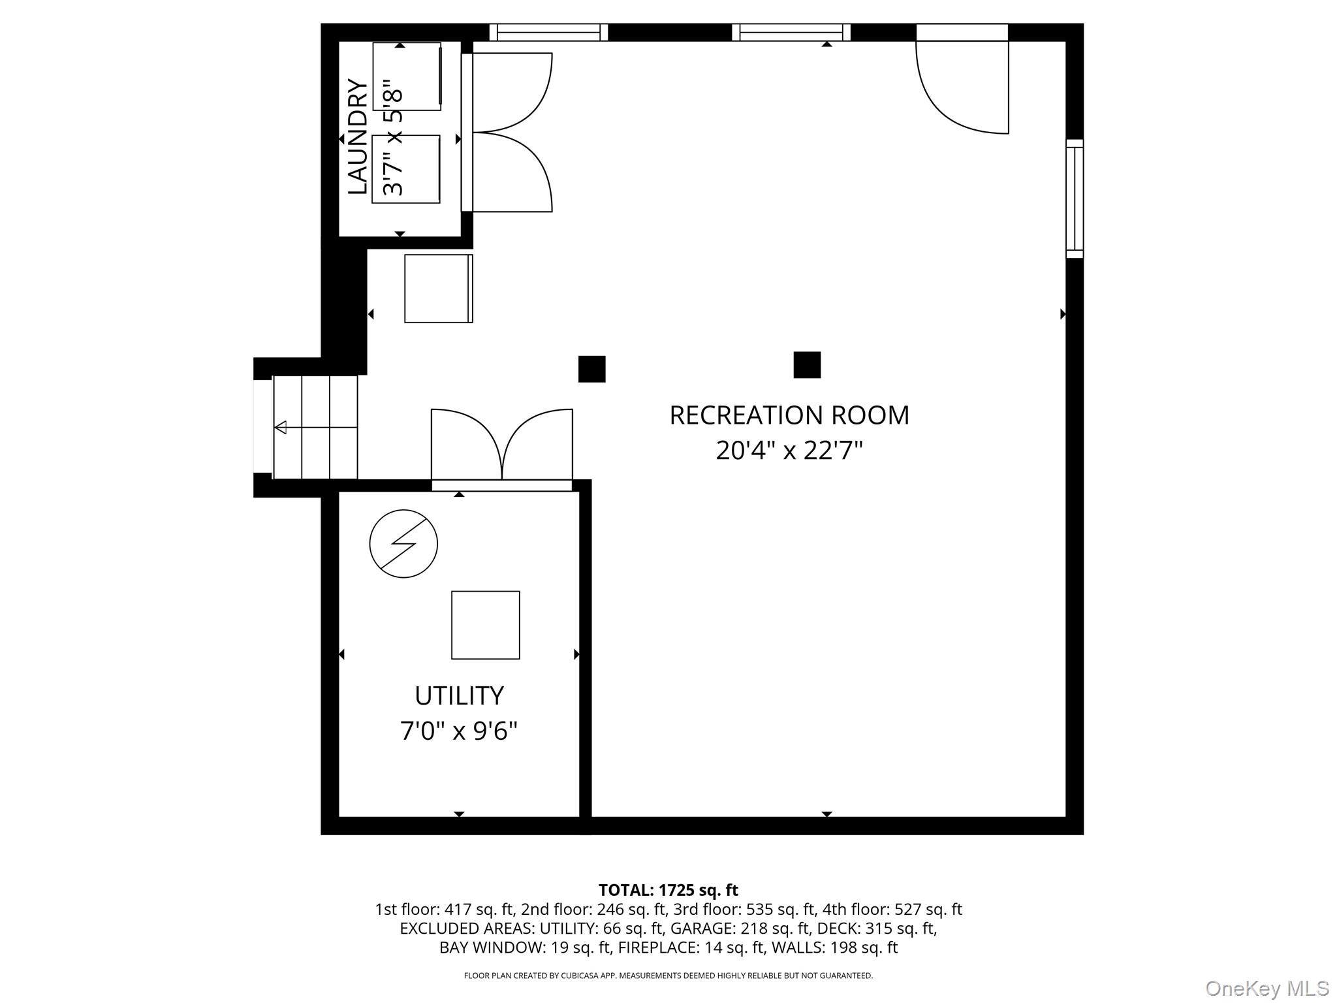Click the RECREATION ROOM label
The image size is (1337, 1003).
(x=789, y=415)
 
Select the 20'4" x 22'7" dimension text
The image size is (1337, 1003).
(x=789, y=451)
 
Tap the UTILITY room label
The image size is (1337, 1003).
(x=459, y=696)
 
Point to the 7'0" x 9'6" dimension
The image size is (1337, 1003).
(x=459, y=731)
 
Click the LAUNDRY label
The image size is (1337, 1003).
(x=357, y=136)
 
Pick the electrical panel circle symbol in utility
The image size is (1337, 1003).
(x=403, y=543)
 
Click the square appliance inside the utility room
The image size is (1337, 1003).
(x=485, y=625)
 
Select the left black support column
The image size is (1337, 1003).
(x=591, y=369)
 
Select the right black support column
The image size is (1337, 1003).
(x=807, y=365)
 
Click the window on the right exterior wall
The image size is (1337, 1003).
(x=1074, y=199)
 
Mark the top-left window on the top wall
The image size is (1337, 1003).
(x=548, y=32)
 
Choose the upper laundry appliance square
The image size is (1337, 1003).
(x=407, y=76)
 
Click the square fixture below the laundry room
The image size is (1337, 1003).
(x=438, y=289)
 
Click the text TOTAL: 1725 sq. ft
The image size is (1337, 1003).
(x=668, y=890)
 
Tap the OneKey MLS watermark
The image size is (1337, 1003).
(x=1266, y=989)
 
